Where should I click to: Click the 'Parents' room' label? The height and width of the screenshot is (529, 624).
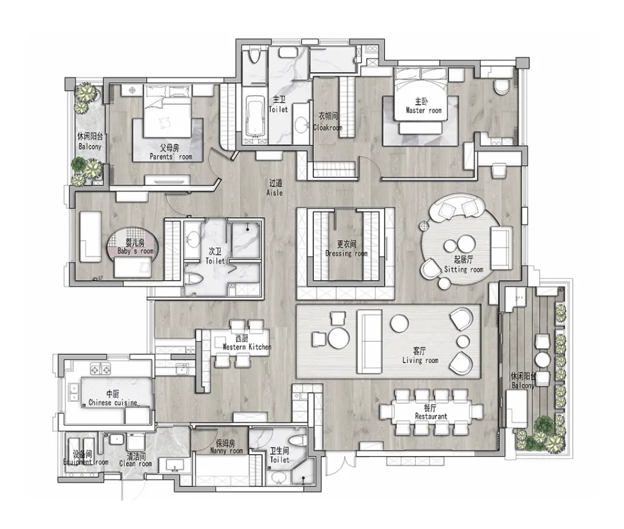pos(171,157)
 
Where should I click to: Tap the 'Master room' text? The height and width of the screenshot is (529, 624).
pos(424,110)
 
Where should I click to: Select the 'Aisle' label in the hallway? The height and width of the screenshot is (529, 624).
pos(275,193)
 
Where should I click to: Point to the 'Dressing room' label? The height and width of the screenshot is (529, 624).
pos(346,253)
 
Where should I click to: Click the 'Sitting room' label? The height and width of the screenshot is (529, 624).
pos(464,269)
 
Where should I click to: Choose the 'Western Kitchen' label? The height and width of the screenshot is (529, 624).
pos(246,347)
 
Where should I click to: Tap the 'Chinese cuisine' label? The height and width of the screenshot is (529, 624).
pos(113,402)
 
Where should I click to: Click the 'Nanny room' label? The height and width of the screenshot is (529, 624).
pos(227,450)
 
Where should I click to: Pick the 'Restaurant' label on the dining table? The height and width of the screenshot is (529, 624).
pos(431,416)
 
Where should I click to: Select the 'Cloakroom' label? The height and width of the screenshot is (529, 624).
pos(328,128)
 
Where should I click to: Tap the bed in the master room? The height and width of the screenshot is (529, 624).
pos(421,94)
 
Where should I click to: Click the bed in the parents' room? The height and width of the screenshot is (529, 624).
pos(167,111)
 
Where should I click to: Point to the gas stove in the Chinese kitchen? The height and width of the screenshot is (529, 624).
pos(100,369)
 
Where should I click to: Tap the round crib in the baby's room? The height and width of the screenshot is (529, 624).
pos(134,246)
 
